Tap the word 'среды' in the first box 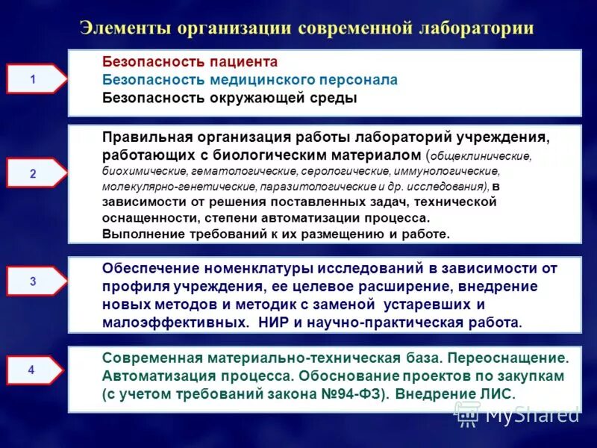331,98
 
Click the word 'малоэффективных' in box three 173,323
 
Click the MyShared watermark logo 517,412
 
